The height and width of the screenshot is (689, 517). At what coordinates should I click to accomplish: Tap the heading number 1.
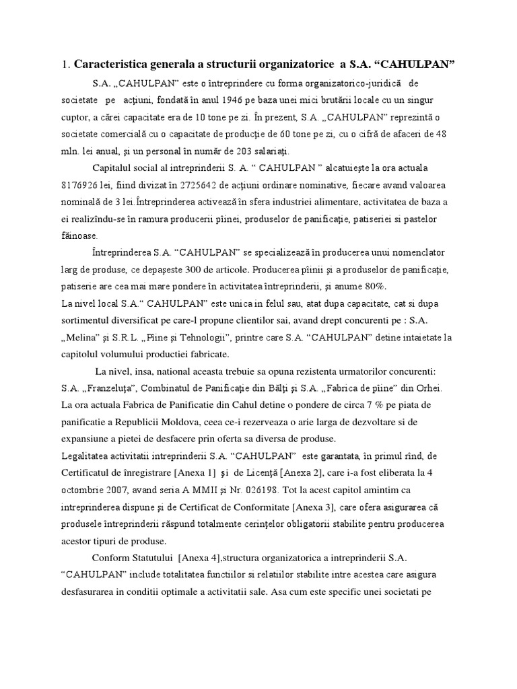coord(64,65)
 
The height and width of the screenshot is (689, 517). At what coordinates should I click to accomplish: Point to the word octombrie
coord(85,489)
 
